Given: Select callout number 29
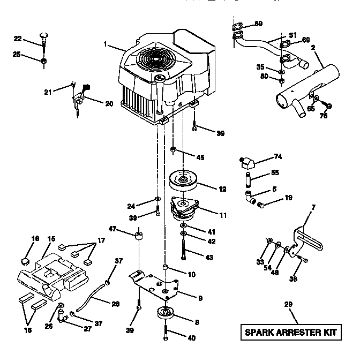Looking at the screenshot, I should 288,305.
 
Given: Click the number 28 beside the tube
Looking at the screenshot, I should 115,304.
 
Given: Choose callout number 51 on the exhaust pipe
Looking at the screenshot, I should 292,36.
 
